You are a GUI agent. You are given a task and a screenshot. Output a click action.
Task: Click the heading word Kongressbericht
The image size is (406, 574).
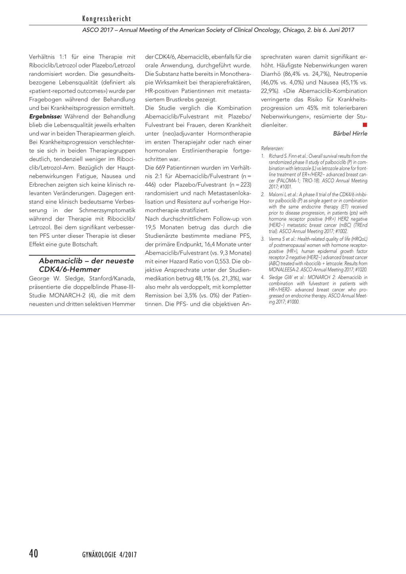click(106, 19)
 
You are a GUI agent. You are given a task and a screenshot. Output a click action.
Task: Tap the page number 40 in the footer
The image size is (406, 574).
click(34, 553)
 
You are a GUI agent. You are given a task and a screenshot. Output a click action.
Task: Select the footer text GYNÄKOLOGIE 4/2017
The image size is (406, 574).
click(109, 555)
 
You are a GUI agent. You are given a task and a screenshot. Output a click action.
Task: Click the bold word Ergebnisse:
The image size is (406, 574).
click(46, 117)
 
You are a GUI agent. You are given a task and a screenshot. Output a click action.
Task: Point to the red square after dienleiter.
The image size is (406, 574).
click(365, 125)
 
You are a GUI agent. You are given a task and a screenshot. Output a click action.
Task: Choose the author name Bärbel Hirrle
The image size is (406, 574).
click(350, 134)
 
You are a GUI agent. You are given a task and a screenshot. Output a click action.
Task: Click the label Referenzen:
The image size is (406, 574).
click(272, 148)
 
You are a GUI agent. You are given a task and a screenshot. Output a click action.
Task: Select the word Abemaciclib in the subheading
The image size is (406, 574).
click(61, 261)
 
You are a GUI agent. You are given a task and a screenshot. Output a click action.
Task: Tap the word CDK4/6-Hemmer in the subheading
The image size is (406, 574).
click(69, 270)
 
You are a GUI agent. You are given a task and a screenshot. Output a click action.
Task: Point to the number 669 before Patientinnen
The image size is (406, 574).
click(160, 168)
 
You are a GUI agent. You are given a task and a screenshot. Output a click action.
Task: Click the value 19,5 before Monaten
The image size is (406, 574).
click(151, 228)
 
